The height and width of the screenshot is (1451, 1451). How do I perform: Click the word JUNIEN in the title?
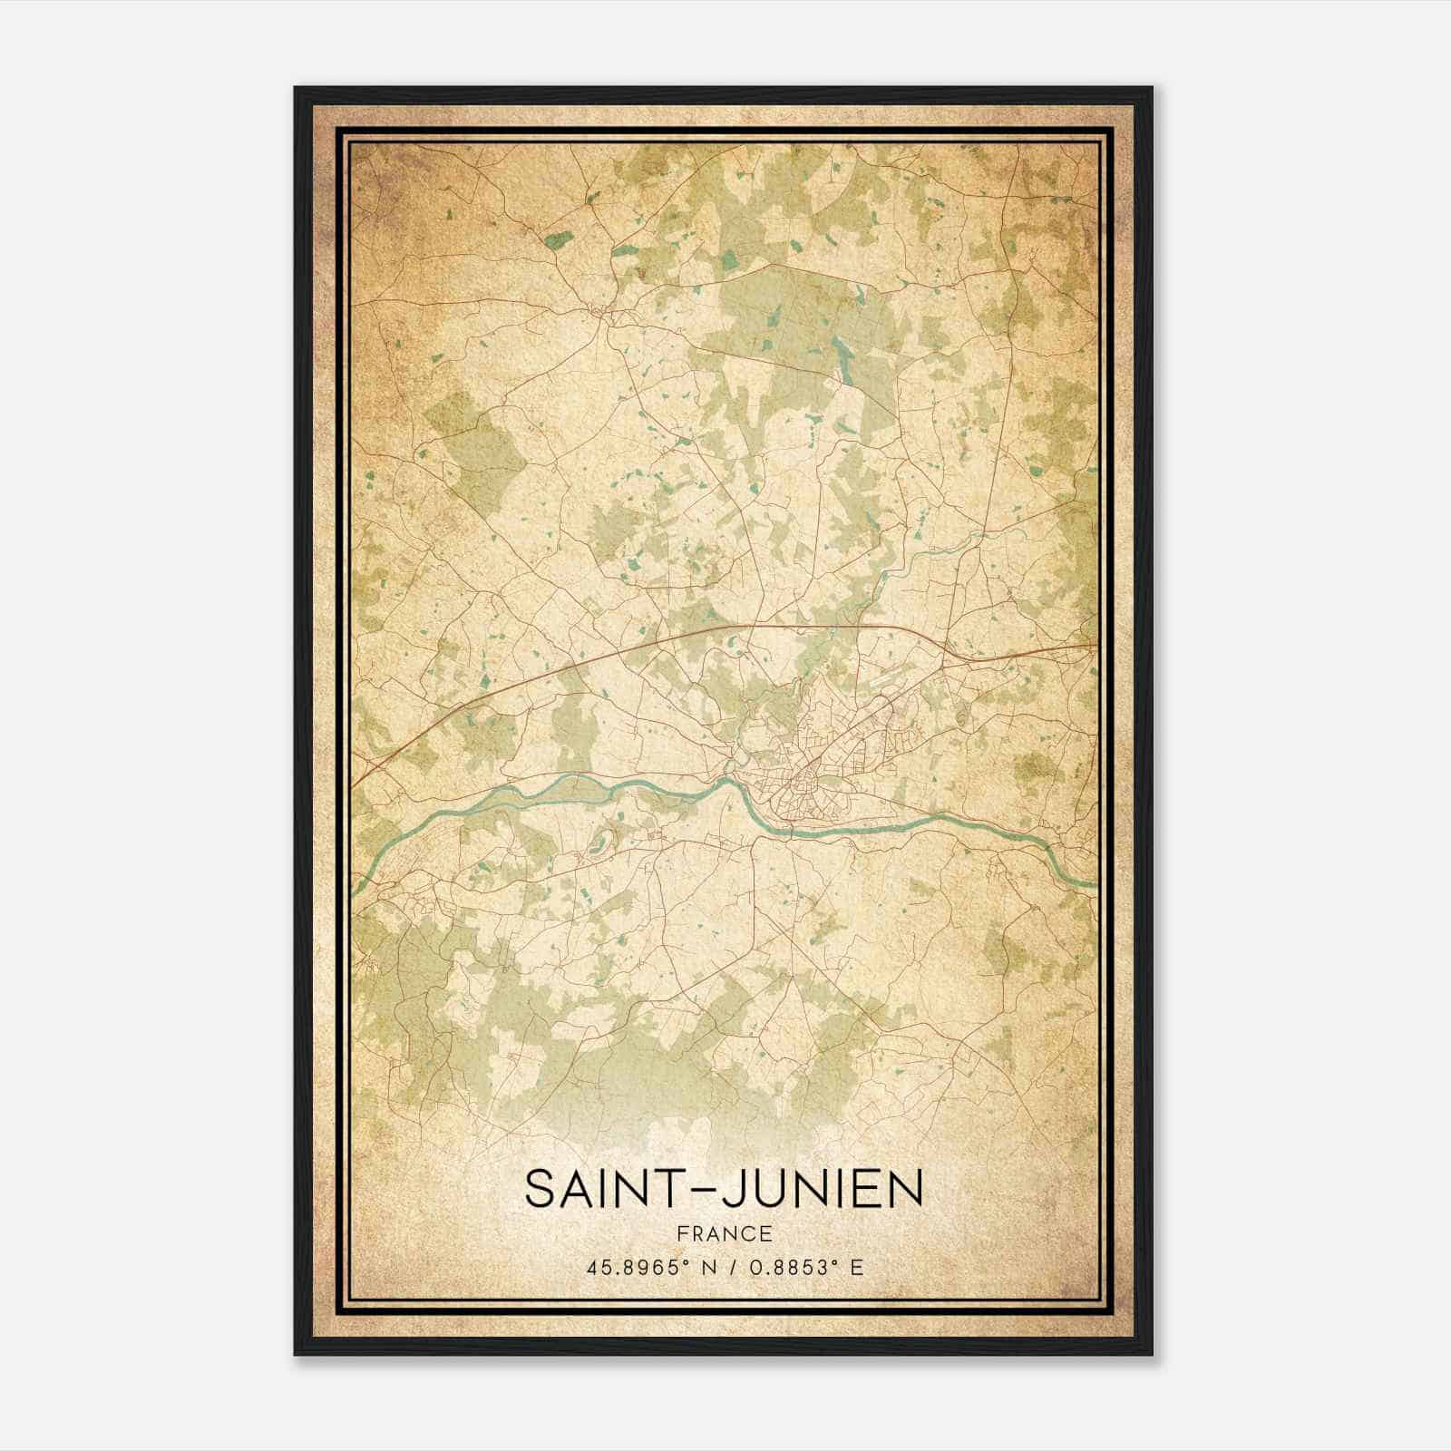point(823,1188)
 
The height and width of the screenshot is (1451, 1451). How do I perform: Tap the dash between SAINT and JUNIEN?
point(712,1190)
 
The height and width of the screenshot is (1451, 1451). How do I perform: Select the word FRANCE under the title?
point(724,1233)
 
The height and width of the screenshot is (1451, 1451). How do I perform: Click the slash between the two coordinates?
point(724,1267)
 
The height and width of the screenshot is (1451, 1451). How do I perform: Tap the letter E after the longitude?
point(856,1267)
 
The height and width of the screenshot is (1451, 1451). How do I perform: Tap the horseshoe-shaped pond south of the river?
point(599,848)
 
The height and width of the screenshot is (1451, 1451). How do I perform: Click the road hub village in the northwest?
point(601,313)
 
